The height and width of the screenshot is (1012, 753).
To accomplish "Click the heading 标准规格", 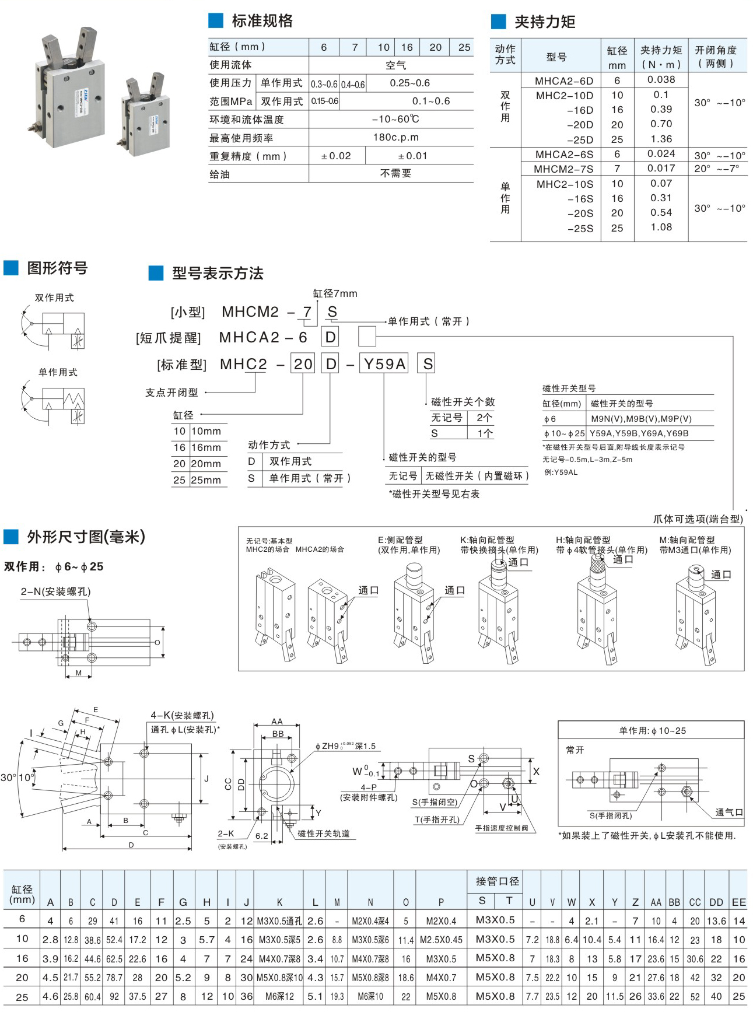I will [262, 21].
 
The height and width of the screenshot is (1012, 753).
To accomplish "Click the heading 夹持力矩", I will [544, 22].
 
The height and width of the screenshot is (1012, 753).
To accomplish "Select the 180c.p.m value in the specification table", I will [395, 138].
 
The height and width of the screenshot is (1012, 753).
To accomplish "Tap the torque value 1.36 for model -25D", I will [661, 139].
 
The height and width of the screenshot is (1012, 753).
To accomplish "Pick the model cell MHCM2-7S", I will [563, 169].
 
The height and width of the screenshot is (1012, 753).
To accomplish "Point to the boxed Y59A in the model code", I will [384, 364].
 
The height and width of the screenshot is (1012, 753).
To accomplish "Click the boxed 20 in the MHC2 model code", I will [303, 364].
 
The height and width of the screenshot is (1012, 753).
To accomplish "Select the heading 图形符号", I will [57, 268].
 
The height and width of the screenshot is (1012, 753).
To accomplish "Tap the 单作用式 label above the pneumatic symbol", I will [58, 372].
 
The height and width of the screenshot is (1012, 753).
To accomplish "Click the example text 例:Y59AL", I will [561, 472].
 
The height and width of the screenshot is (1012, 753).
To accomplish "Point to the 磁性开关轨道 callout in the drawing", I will [324, 834].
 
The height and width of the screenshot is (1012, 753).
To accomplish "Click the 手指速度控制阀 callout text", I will [501, 828].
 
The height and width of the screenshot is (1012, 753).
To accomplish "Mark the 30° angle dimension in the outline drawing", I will [8, 778].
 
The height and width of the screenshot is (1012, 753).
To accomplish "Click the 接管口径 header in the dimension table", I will [497, 881].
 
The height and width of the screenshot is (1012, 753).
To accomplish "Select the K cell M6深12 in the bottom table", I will [279, 996].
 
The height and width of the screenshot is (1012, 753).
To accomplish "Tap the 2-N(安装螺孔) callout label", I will [56, 591].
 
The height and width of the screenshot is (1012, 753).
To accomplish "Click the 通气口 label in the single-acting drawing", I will [729, 812].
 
